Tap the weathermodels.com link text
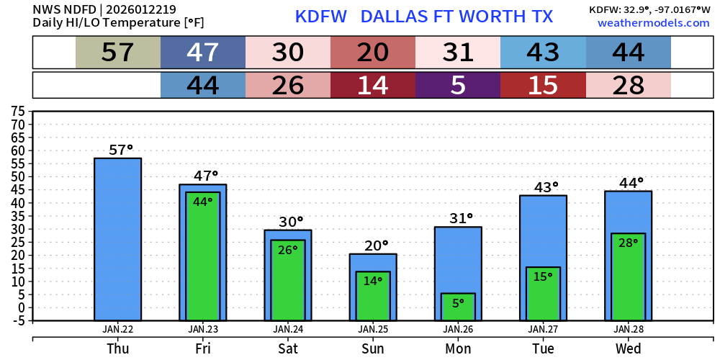[653, 23]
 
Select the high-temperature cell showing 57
[118, 53]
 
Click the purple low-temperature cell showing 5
[458, 86]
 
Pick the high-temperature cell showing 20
[373, 53]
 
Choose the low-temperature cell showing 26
[288, 86]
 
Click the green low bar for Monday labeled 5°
[458, 307]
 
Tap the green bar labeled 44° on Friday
[203, 256]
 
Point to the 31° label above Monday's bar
[458, 217]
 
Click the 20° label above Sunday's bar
[373, 246]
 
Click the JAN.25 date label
[373, 329]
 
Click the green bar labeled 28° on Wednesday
[628, 277]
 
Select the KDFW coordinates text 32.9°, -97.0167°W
[649, 9]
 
